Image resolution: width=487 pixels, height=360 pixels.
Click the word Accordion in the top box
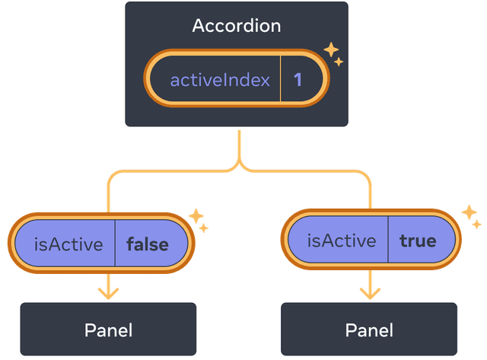237,26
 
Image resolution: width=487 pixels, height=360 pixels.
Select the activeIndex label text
220,79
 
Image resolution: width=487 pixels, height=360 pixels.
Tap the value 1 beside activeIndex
298,79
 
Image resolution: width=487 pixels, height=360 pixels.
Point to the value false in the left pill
148,245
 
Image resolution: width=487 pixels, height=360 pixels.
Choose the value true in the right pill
418,241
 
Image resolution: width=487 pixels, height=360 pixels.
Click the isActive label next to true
342,241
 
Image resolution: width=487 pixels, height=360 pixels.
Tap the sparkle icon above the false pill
199,220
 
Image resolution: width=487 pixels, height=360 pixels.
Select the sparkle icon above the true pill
471,216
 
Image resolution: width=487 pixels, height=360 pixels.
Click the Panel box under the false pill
108,330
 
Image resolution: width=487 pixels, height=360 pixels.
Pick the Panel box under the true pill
369,330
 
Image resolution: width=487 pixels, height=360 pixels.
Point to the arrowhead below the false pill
109,292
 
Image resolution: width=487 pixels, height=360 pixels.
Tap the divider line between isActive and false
116,245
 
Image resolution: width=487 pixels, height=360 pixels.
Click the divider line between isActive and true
389,241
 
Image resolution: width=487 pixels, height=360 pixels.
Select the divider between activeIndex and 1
281,79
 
